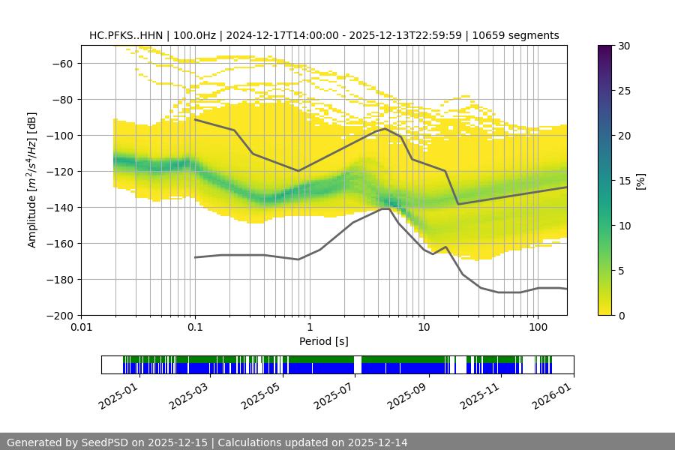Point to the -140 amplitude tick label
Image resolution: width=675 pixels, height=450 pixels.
point(62,207)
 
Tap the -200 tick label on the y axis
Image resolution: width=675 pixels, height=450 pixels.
point(62,315)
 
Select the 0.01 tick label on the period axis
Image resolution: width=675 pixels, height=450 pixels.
point(81,328)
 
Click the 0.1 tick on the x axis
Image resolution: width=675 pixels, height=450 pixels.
point(195,328)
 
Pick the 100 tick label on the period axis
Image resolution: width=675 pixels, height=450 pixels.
point(537,328)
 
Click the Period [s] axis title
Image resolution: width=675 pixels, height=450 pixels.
point(324,342)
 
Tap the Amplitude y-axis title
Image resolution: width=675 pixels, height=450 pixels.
point(32,180)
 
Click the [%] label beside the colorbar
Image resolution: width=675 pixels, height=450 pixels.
point(641,181)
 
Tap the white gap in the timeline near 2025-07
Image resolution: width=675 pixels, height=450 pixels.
point(357,364)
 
